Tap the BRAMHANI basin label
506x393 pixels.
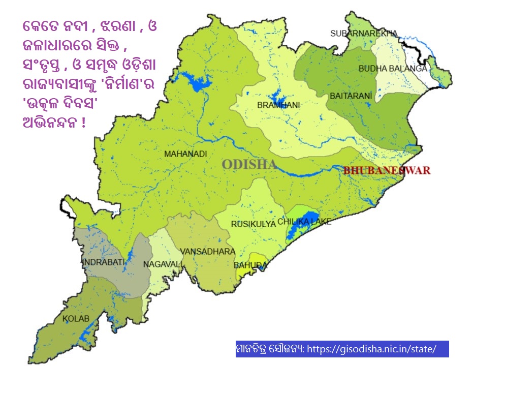coord(278,105)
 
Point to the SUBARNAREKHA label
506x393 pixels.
coord(363,34)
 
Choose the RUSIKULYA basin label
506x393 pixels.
coord(253,224)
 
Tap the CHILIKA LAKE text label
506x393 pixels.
coord(304,222)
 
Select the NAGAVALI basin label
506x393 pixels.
coord(162,264)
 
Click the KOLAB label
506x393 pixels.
coord(76,319)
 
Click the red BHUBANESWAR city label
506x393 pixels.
coord(387,170)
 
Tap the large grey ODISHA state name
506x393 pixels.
coord(249,164)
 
